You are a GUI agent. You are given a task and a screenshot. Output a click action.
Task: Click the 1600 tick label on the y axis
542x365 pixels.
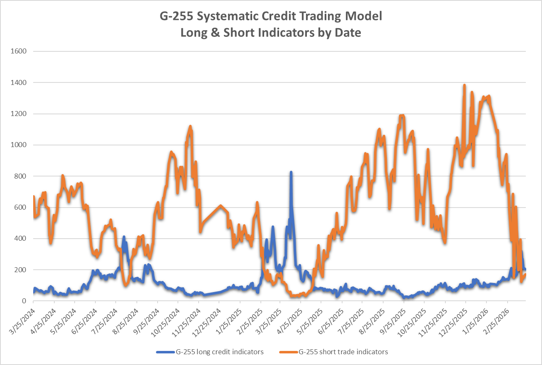18,51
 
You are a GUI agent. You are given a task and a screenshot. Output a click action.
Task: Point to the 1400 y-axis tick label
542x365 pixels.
18,83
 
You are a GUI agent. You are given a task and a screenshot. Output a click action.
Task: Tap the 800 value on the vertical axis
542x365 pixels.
20,176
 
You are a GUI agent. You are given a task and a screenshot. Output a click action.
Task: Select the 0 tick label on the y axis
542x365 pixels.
24,301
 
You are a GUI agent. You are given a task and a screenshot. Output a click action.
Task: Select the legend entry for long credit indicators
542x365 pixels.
210,352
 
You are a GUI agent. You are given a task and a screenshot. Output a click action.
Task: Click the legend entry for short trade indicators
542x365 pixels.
334,352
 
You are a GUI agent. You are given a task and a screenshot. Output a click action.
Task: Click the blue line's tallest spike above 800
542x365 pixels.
291,172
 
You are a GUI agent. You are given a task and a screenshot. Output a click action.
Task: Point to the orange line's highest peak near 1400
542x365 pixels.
464,85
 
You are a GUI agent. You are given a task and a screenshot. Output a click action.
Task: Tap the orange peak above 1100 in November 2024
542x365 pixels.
190,126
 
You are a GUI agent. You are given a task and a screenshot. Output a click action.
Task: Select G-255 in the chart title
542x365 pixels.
176,16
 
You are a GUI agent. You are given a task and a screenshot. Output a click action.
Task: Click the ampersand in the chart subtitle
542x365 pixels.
215,33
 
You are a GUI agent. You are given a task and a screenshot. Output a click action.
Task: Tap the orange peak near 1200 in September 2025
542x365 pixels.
402,116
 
